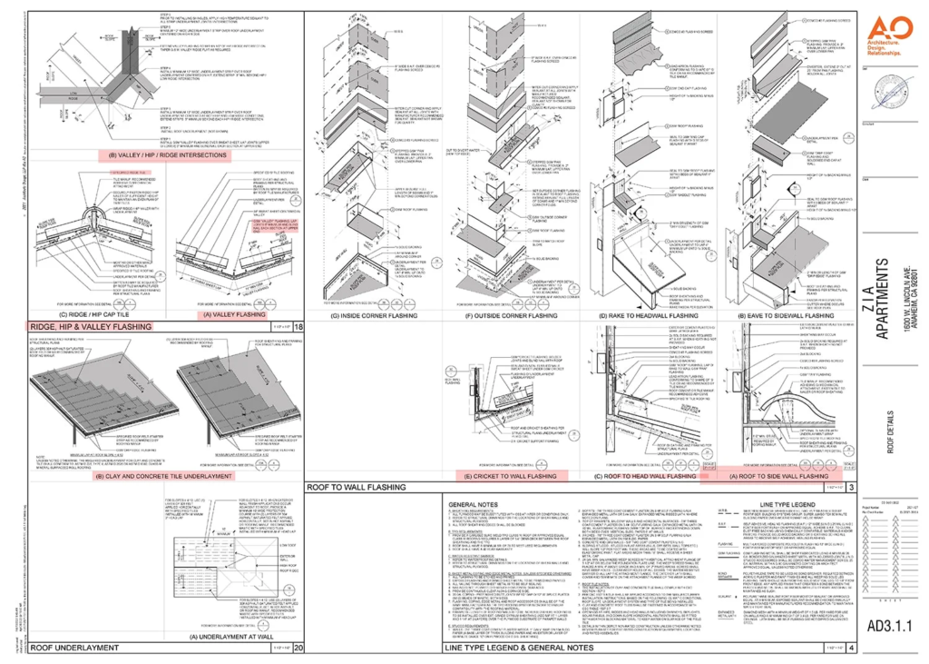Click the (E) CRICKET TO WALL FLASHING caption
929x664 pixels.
pyautogui.click(x=511, y=475)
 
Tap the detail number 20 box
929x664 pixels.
pyautogui.click(x=297, y=648)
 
